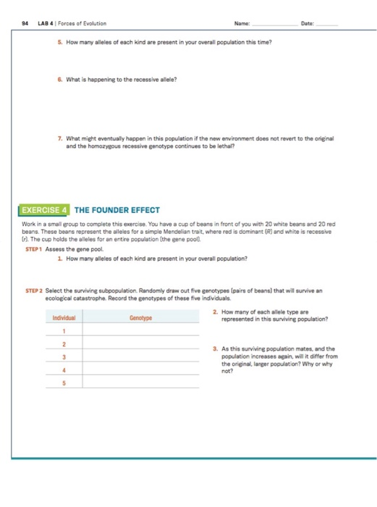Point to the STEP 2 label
click(35, 290)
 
